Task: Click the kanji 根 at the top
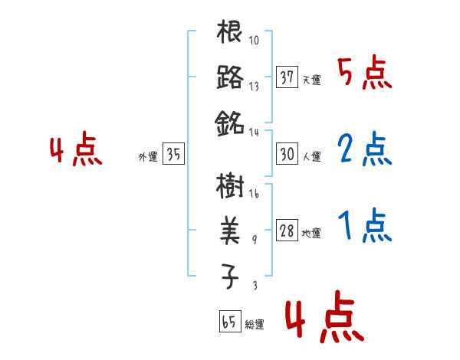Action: (x=230, y=34)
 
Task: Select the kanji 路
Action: (x=230, y=78)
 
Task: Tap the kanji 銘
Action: (x=230, y=122)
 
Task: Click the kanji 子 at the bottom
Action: (x=230, y=275)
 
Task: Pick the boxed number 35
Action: (x=173, y=155)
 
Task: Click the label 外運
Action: (x=148, y=157)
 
